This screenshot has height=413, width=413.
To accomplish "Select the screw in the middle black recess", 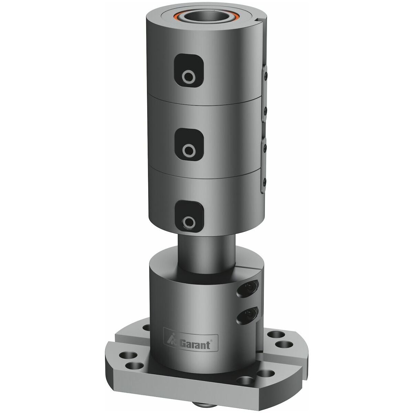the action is click(x=189, y=151).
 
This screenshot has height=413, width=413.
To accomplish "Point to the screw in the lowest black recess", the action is click(x=189, y=222).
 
